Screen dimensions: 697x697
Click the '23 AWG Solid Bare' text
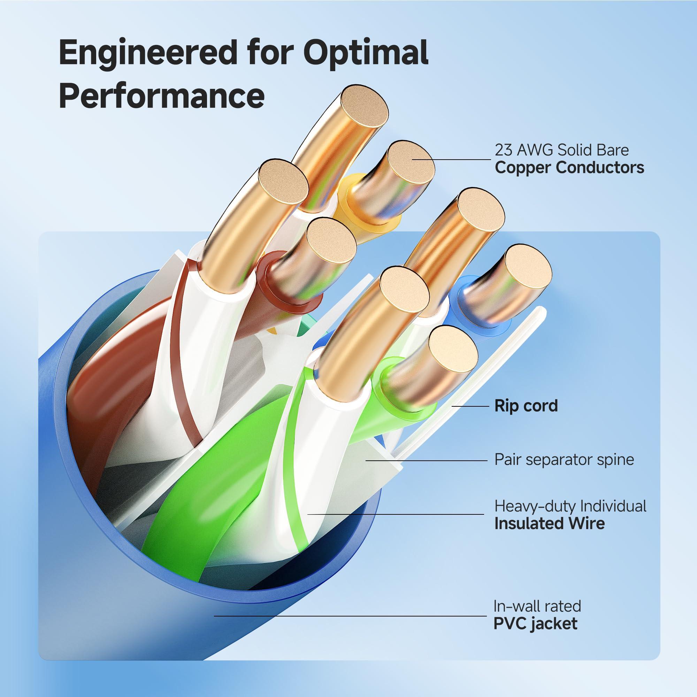coord(561,150)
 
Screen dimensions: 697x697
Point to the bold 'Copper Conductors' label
coord(569,168)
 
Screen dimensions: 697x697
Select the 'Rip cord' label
coord(526,406)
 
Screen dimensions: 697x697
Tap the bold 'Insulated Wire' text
coord(549,523)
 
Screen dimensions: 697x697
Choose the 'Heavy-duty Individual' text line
coord(570,506)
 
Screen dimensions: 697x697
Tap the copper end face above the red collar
coord(331,242)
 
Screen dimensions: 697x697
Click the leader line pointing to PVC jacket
coord(350,616)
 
